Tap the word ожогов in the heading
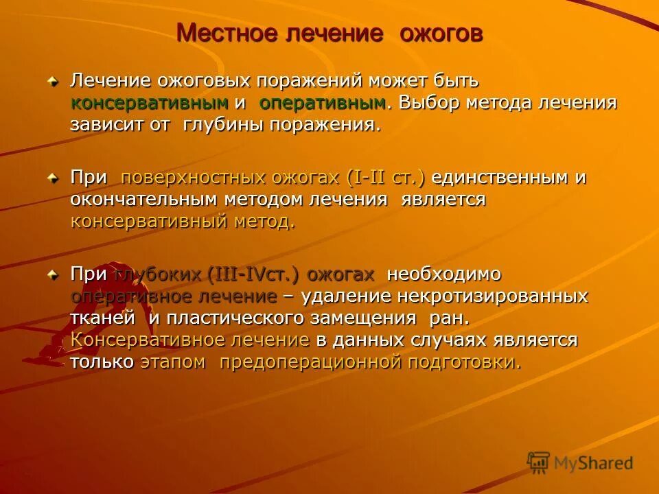(x=441, y=33)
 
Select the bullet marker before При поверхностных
(x=53, y=178)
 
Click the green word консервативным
(x=150, y=104)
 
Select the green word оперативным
(x=322, y=104)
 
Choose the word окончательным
(x=145, y=200)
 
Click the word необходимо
(x=444, y=274)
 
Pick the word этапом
(x=173, y=362)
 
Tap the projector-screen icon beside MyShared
(x=539, y=463)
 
